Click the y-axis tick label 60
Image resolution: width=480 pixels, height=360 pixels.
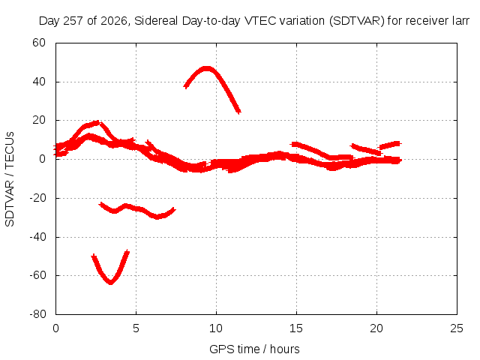39,43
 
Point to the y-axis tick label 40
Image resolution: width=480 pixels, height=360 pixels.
39,82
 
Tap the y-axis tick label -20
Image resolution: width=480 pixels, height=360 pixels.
37,198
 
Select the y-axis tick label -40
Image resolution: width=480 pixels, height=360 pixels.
37,237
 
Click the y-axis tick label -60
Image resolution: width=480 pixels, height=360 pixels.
37,275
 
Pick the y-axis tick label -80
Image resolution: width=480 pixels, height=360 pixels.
37,314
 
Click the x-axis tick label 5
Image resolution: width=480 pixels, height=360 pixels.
136,328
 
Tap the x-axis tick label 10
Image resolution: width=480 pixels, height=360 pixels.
216,328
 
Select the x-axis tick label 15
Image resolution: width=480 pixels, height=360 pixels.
296,328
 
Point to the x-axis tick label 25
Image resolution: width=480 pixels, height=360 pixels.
457,328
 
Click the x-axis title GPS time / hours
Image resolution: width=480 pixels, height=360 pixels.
254,349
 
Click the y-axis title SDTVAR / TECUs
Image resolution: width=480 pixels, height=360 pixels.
10,179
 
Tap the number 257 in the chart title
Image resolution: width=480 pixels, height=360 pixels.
73,21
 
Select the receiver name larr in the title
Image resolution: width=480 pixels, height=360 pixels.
460,21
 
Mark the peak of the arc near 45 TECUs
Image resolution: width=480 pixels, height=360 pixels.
207,68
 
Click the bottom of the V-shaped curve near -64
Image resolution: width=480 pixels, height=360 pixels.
111,282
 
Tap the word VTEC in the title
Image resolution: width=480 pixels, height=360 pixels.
258,21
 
